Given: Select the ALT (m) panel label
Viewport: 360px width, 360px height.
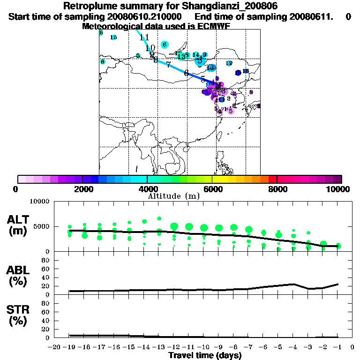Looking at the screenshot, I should click(x=19, y=225).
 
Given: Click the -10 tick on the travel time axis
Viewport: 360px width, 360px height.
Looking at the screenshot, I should click(x=204, y=347).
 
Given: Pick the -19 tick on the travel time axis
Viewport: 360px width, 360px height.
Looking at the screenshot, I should click(x=69, y=347).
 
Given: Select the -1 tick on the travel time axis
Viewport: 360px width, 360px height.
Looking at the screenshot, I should click(x=337, y=347).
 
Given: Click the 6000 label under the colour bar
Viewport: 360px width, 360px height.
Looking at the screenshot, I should click(x=212, y=189).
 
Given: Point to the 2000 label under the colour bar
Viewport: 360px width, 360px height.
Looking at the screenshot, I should click(x=82, y=189).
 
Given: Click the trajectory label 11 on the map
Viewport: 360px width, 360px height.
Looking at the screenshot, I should click(x=144, y=37).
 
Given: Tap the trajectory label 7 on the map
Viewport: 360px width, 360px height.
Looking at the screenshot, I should click(x=168, y=65).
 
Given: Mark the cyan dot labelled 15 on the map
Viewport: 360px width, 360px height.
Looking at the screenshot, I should click(x=113, y=37).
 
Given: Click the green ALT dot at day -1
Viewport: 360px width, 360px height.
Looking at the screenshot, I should click(x=338, y=246).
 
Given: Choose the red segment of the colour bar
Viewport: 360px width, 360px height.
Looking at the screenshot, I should click(x=272, y=179).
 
